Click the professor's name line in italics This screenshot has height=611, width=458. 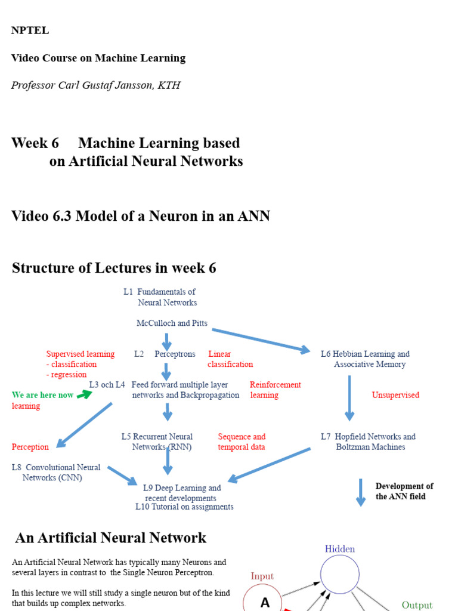tap(95, 85)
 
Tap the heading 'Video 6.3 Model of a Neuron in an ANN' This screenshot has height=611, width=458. tap(141, 216)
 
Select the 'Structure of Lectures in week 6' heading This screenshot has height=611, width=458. tap(114, 269)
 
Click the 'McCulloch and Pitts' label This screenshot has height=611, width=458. tap(172, 323)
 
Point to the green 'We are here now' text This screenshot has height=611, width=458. tap(43, 395)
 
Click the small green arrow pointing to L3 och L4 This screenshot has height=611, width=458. tap(85, 394)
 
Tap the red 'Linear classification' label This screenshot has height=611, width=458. tap(230, 359)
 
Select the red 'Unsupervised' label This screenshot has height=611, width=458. tap(395, 395)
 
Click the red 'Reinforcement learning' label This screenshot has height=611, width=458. tap(275, 390)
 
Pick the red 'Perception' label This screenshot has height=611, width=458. tap(30, 447)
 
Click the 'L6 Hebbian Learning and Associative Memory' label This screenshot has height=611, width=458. tap(365, 359)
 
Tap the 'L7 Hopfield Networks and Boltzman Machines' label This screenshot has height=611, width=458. tap(368, 442)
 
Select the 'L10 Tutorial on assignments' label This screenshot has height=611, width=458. tap(184, 507)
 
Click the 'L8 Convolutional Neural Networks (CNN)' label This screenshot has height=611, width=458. tap(56, 473)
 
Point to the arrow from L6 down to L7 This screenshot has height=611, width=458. tap(349, 398)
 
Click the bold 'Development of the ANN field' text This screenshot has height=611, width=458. tap(404, 491)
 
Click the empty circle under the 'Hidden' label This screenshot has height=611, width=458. tap(340, 575)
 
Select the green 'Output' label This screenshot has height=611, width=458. tap(417, 605)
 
